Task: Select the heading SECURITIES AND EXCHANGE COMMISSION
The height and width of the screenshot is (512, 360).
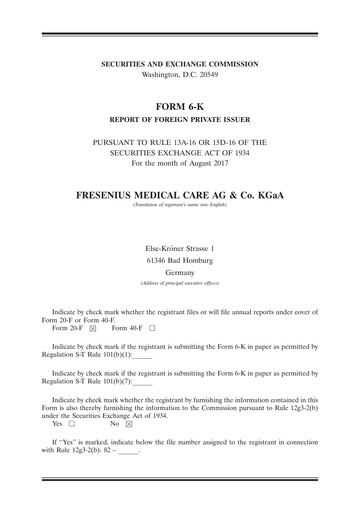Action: (180, 64)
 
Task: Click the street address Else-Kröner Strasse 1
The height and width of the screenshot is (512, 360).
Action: (180, 246)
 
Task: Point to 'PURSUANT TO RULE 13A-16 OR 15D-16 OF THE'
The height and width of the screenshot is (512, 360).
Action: (180, 142)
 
